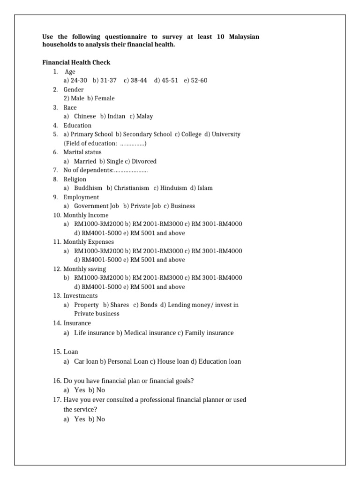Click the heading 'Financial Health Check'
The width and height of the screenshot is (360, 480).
(x=76, y=62)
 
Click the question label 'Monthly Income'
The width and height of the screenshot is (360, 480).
(x=86, y=215)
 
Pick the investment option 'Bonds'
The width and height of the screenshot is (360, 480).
(x=145, y=305)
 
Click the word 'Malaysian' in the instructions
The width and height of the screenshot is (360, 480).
(x=244, y=37)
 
